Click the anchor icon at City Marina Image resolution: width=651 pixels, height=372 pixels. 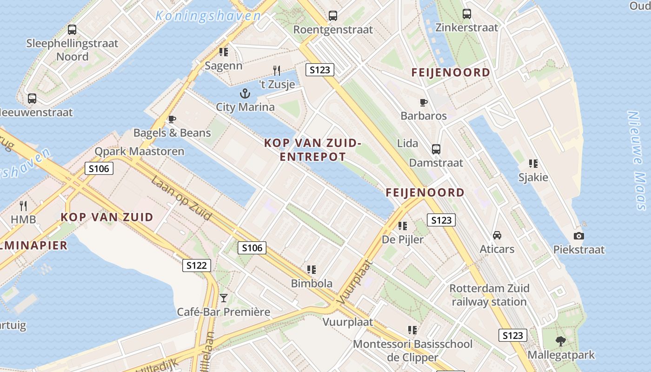[x=245, y=94]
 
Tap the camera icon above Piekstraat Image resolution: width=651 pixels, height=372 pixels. [x=578, y=236]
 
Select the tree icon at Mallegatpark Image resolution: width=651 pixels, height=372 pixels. [x=561, y=341]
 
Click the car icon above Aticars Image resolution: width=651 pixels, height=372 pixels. [x=497, y=235]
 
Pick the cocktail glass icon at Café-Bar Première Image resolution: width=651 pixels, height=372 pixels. [x=224, y=298]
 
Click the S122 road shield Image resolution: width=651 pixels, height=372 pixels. [x=196, y=266]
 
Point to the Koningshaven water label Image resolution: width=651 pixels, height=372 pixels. [x=208, y=16]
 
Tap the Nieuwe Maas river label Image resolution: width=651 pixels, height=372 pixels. [x=636, y=160]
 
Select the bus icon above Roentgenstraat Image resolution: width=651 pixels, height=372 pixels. [x=333, y=16]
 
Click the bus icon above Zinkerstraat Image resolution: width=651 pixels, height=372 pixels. [x=466, y=14]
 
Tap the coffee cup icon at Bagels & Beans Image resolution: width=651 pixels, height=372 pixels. [x=172, y=120]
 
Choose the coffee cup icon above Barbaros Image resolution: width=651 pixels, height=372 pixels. [x=423, y=102]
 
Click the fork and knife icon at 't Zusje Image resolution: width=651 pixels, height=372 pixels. [x=277, y=71]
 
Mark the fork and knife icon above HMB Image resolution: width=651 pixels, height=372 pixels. [x=23, y=206]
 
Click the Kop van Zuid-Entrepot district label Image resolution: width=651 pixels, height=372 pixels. [x=312, y=150]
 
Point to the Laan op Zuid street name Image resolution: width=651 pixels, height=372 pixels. [x=181, y=198]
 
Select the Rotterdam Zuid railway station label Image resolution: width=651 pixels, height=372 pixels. [x=489, y=295]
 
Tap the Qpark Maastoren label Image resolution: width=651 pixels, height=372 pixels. [x=139, y=152]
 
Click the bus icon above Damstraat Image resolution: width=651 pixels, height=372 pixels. [x=436, y=149]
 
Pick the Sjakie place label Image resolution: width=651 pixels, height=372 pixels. [x=533, y=177]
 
